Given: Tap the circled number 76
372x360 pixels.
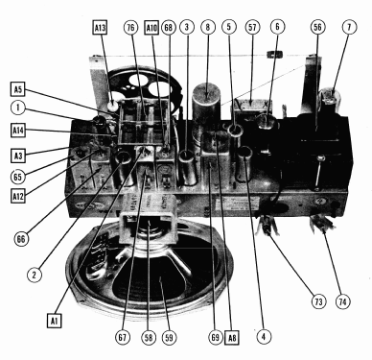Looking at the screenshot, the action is [x=131, y=27].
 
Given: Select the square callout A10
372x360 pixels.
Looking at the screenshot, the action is [x=151, y=28].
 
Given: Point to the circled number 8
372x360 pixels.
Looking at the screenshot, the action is [x=208, y=27].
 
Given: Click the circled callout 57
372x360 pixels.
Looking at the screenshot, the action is [x=252, y=27].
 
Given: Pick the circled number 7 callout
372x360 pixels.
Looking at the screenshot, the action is [x=349, y=27].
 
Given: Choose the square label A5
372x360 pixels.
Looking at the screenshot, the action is [x=18, y=89].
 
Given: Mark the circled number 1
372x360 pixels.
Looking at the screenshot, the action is [x=18, y=108].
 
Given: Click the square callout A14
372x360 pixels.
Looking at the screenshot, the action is [x=18, y=131].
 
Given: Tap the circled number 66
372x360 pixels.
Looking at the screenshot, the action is [x=21, y=239].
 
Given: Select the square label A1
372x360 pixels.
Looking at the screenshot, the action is [x=54, y=320].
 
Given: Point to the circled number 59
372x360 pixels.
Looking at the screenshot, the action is [x=169, y=337].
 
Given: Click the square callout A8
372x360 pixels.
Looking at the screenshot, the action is [x=232, y=338].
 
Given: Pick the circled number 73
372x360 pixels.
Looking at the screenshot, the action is [x=318, y=301].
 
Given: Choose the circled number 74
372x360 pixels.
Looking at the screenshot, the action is [x=343, y=301].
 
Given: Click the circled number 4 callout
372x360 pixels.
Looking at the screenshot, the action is [x=264, y=336].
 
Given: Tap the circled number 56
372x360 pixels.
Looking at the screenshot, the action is [x=317, y=27].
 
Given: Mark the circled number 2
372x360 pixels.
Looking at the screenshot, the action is [x=35, y=275].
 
